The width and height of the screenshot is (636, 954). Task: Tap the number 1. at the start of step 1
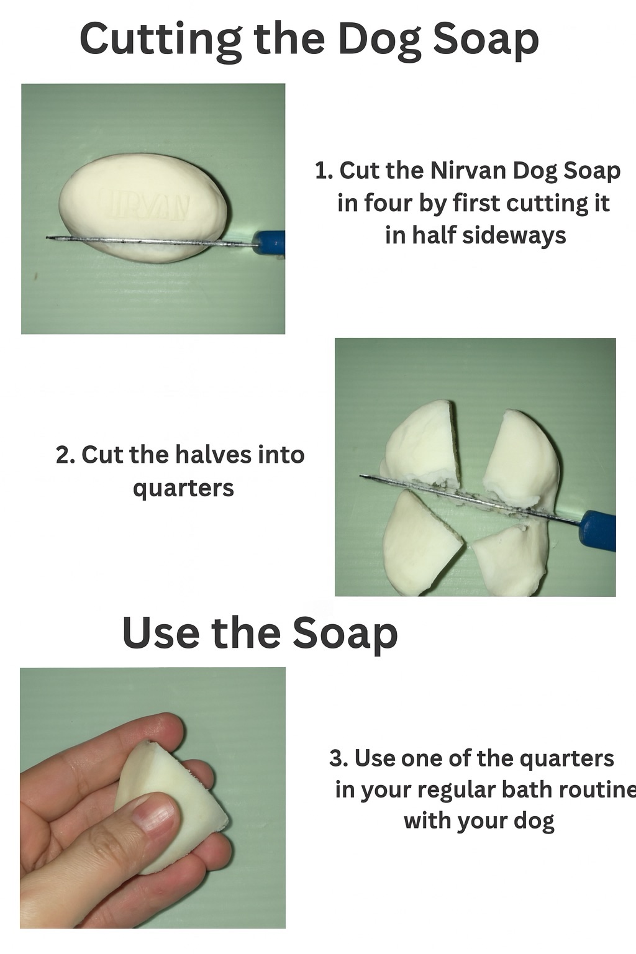coord(324,171)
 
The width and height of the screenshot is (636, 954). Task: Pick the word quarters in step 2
coord(184,488)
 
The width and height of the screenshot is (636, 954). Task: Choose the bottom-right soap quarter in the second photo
coord(511,559)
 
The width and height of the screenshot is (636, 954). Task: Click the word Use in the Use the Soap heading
coord(161,634)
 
